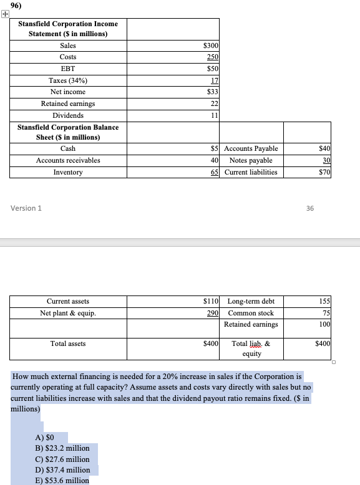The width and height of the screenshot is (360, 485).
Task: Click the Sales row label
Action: [68, 46]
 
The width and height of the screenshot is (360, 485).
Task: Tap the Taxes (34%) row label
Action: [68, 80]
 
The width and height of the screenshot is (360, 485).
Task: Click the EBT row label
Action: [68, 69]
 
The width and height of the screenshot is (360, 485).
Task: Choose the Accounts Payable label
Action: [251, 148]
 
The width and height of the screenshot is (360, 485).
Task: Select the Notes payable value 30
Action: [324, 160]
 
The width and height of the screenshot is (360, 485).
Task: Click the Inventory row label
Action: [68, 172]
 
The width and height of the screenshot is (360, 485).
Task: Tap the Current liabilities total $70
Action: [323, 172]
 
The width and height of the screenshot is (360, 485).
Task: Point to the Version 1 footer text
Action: [26, 208]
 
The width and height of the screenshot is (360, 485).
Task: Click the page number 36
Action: [310, 208]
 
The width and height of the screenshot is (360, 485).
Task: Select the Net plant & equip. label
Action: [68, 313]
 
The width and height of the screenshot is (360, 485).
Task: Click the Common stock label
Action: [251, 313]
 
